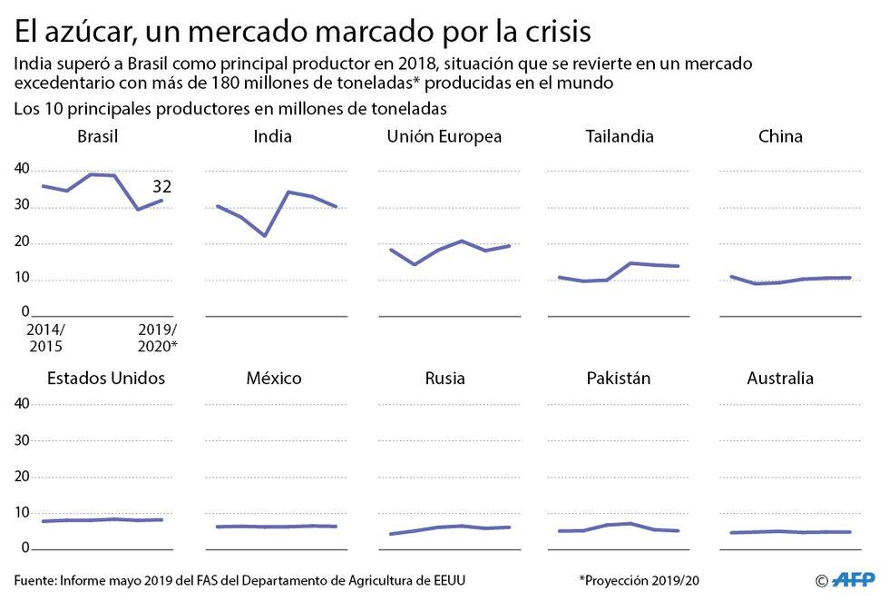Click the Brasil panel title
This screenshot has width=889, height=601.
(x=98, y=136)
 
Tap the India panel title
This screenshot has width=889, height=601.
(x=273, y=136)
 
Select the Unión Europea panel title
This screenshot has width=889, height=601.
(x=444, y=136)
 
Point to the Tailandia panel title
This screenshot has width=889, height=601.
(x=620, y=136)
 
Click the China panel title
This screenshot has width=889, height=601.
(x=780, y=136)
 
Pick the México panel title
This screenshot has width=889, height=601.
(x=273, y=378)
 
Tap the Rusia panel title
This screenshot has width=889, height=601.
(x=445, y=378)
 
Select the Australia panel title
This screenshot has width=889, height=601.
(x=780, y=378)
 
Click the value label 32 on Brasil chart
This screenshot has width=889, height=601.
(x=162, y=187)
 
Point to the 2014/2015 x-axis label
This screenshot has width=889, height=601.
(x=45, y=338)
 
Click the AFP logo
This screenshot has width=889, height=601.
(x=855, y=579)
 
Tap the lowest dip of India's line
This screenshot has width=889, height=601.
(x=264, y=236)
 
